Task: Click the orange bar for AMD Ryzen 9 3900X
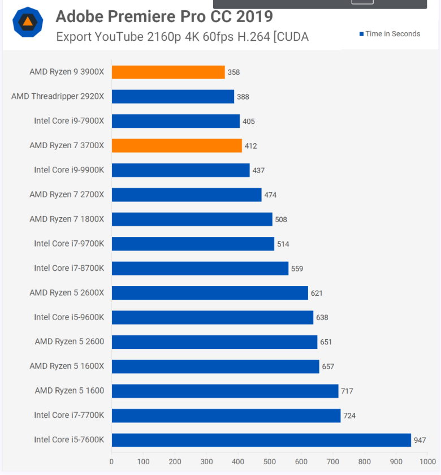pyautogui.click(x=168, y=72)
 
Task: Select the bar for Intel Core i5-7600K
pyautogui.click(x=261, y=440)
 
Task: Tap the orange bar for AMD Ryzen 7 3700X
pyautogui.click(x=176, y=145)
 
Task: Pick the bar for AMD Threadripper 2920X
pyautogui.click(x=172, y=97)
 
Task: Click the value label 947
pyautogui.click(x=420, y=440)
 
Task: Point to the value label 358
pyautogui.click(x=234, y=72)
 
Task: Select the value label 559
pyautogui.click(x=297, y=269)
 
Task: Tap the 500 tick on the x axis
pyautogui.click(x=270, y=461)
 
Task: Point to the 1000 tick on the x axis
pyautogui.click(x=427, y=461)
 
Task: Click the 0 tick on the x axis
pyautogui.click(x=111, y=461)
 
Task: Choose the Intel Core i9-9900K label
pyautogui.click(x=69, y=170)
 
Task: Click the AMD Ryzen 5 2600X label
pyautogui.click(x=67, y=292)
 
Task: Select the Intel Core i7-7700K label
pyautogui.click(x=69, y=415)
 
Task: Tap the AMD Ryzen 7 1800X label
pyautogui.click(x=67, y=219)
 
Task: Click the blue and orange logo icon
pyautogui.click(x=28, y=23)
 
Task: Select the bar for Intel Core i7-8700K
pyautogui.click(x=200, y=268)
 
